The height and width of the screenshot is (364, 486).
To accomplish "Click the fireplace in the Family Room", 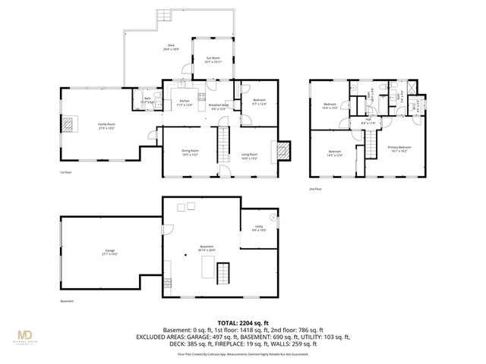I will click(70, 123).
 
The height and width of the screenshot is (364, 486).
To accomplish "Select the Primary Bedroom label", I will click(399, 149).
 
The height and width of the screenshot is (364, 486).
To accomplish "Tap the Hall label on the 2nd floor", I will click(368, 121).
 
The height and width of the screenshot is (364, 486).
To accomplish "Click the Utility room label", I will click(258, 227).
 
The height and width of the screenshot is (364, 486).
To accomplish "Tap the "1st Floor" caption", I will click(66, 173).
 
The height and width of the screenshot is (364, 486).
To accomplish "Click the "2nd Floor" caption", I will click(315, 188).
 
